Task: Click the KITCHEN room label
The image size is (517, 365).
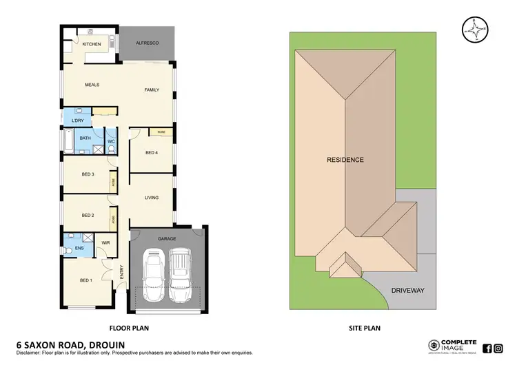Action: (92, 45)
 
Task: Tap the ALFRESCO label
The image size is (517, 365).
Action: (148, 44)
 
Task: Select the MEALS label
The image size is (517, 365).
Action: (92, 85)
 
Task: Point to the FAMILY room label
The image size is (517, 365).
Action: (152, 90)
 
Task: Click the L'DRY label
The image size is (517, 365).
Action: (78, 122)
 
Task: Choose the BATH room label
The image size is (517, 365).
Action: (85, 138)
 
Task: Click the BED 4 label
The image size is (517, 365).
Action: (152, 152)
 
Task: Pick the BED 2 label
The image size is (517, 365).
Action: (88, 216)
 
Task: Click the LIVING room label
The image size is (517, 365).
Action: (152, 198)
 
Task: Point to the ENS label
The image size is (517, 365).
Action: (79, 247)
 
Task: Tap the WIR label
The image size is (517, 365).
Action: (106, 243)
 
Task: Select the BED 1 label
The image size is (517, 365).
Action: (85, 280)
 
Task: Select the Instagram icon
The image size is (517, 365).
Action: (498, 348)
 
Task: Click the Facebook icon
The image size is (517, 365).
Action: (487, 348)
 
